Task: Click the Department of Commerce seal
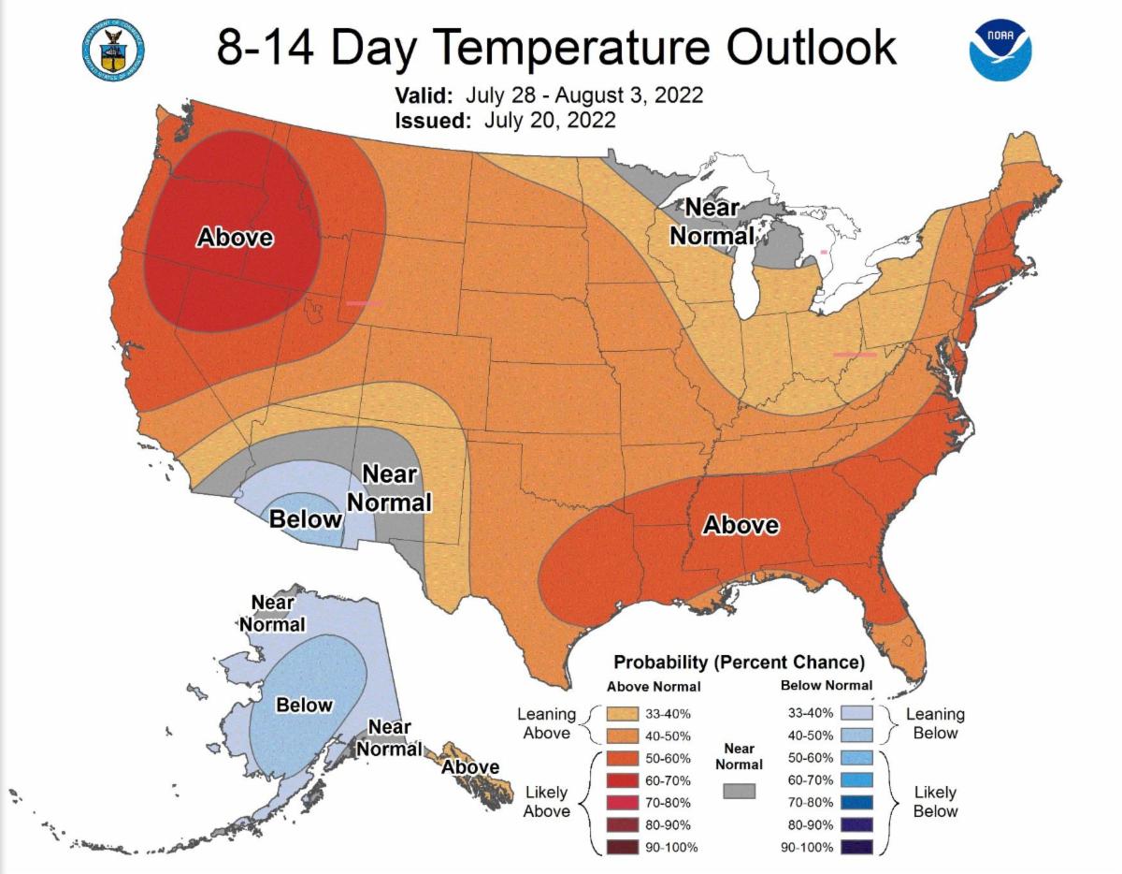coord(113,46)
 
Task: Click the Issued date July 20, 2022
coord(550,119)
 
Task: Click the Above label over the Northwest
coord(235,238)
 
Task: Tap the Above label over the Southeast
coord(741,525)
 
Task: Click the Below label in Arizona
coord(306,518)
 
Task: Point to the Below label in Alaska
coord(304,705)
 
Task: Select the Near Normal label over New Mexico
coord(389,488)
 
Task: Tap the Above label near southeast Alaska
coord(470,767)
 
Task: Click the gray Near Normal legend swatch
coord(739,791)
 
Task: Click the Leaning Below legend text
coord(935,722)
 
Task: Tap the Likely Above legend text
coord(546,802)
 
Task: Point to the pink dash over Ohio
coord(855,355)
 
